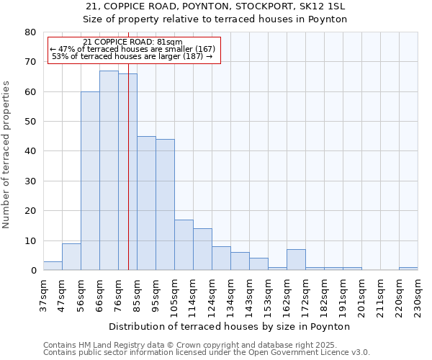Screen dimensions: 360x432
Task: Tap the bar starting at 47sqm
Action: click(71, 257)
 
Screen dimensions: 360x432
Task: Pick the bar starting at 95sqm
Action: click(165, 204)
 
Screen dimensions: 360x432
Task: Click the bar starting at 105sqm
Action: click(184, 245)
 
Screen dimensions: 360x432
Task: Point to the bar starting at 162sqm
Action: click(296, 260)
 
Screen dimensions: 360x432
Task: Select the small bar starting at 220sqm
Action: click(408, 269)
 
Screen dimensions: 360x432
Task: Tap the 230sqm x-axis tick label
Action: click(418, 294)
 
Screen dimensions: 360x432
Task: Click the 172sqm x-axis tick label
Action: click(305, 294)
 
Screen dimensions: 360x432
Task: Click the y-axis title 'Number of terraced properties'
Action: click(6, 154)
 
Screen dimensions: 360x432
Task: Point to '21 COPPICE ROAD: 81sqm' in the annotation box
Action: click(132, 42)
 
